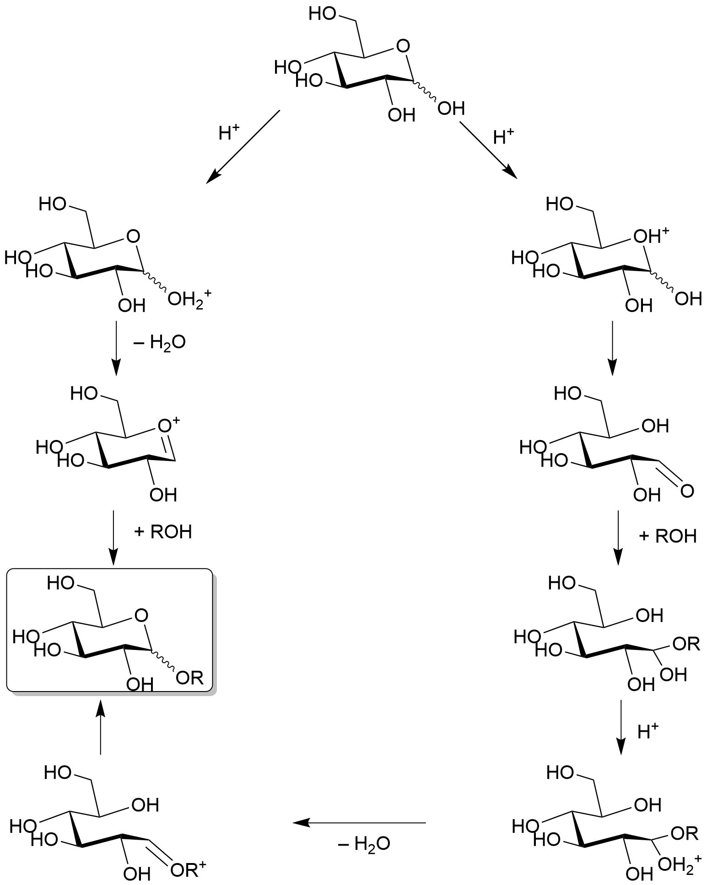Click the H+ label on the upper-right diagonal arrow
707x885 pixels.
(504, 136)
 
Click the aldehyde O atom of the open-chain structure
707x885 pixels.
(687, 492)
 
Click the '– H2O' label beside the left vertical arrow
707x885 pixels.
(159, 343)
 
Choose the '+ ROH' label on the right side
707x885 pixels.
(668, 536)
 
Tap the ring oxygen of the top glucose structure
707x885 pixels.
(403, 46)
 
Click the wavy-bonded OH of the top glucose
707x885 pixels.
(451, 109)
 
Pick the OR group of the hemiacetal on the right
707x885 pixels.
(686, 644)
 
